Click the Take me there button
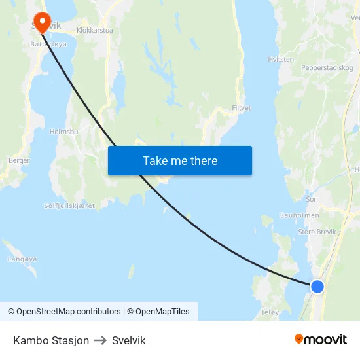pos(180,161)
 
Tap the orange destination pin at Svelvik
pos(43,22)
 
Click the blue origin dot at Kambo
pos(317,286)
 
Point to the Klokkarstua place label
pos(95,30)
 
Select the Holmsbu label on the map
pos(64,132)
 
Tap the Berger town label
pos(18,160)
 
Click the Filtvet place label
pos(242,108)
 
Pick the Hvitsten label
pos(281,59)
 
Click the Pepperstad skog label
pos(327,68)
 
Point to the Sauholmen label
pos(299,215)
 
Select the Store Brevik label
pos(316,230)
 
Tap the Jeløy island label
pos(270,312)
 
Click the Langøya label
pos(22,259)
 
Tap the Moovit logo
pos(321,340)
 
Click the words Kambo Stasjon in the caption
pos(51,340)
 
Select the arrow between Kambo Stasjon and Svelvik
pos(100,340)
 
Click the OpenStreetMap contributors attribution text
pos(69,312)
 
